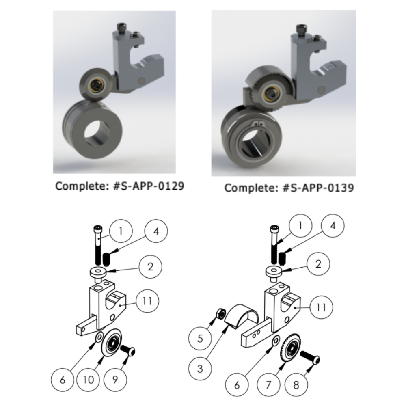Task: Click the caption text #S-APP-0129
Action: (x=149, y=186)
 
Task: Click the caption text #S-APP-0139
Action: (x=318, y=188)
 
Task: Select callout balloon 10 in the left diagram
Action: (x=88, y=380)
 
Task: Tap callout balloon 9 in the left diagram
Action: (x=115, y=380)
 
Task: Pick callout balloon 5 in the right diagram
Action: (x=200, y=339)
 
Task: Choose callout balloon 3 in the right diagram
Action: (x=200, y=369)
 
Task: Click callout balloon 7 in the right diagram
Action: (x=268, y=385)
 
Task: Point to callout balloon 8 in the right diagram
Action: (x=296, y=385)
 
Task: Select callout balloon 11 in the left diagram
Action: (x=147, y=301)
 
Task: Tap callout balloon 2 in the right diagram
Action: (x=318, y=264)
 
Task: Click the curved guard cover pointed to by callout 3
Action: (x=241, y=316)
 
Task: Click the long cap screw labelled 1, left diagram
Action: (x=97, y=243)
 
